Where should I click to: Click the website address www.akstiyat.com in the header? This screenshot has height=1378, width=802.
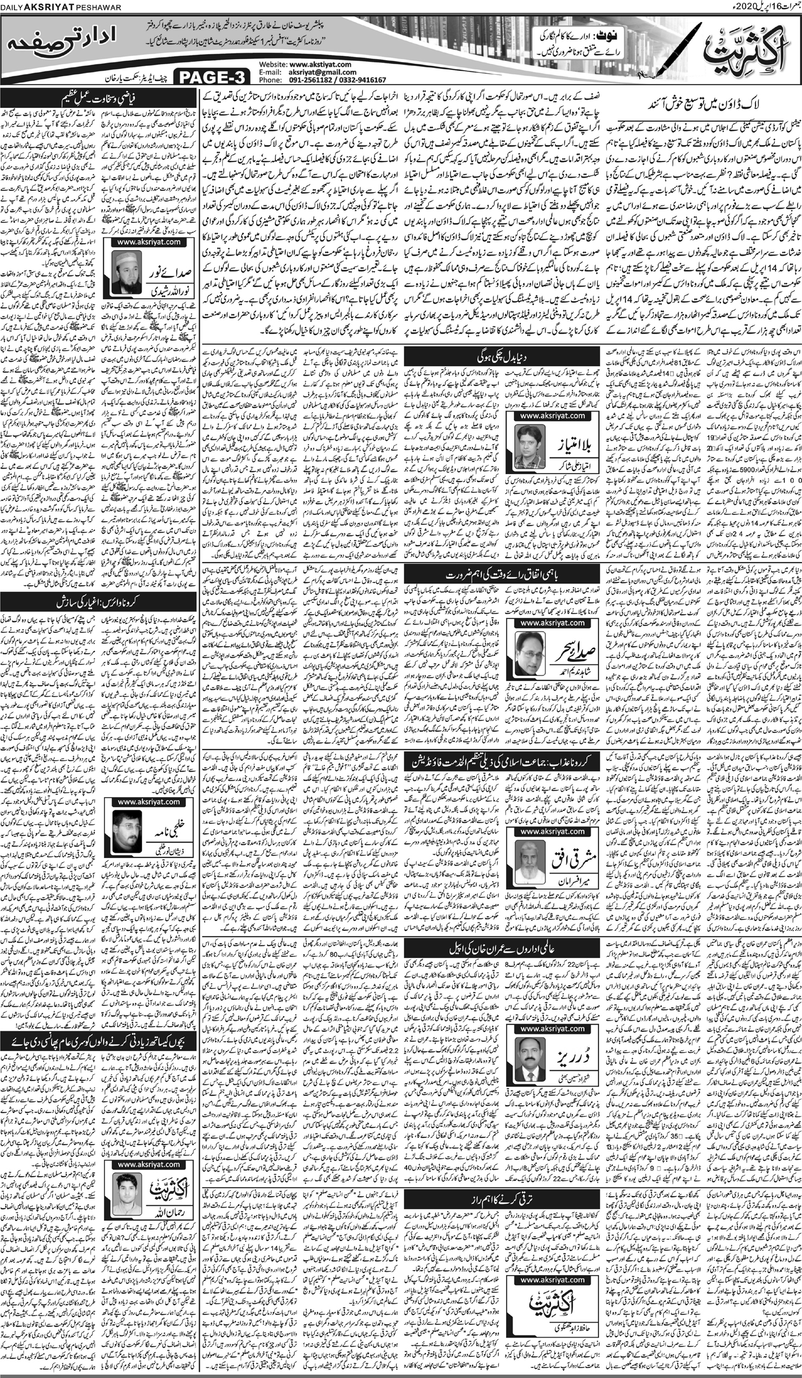tap(321, 64)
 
